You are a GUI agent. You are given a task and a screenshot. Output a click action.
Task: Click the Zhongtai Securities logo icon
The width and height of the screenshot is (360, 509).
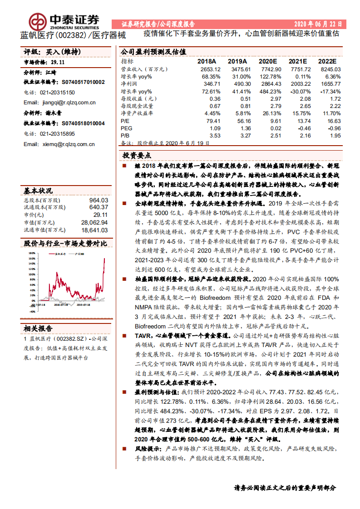click(38, 21)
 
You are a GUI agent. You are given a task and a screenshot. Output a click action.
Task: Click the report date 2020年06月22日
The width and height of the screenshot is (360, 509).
click(318, 24)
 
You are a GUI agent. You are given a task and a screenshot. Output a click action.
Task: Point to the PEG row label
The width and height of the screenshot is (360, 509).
click(126, 128)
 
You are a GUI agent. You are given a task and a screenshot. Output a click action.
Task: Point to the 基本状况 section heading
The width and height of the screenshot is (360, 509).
click(38, 191)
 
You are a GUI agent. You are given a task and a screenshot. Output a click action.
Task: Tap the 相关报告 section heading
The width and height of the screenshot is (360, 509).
click(38, 328)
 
